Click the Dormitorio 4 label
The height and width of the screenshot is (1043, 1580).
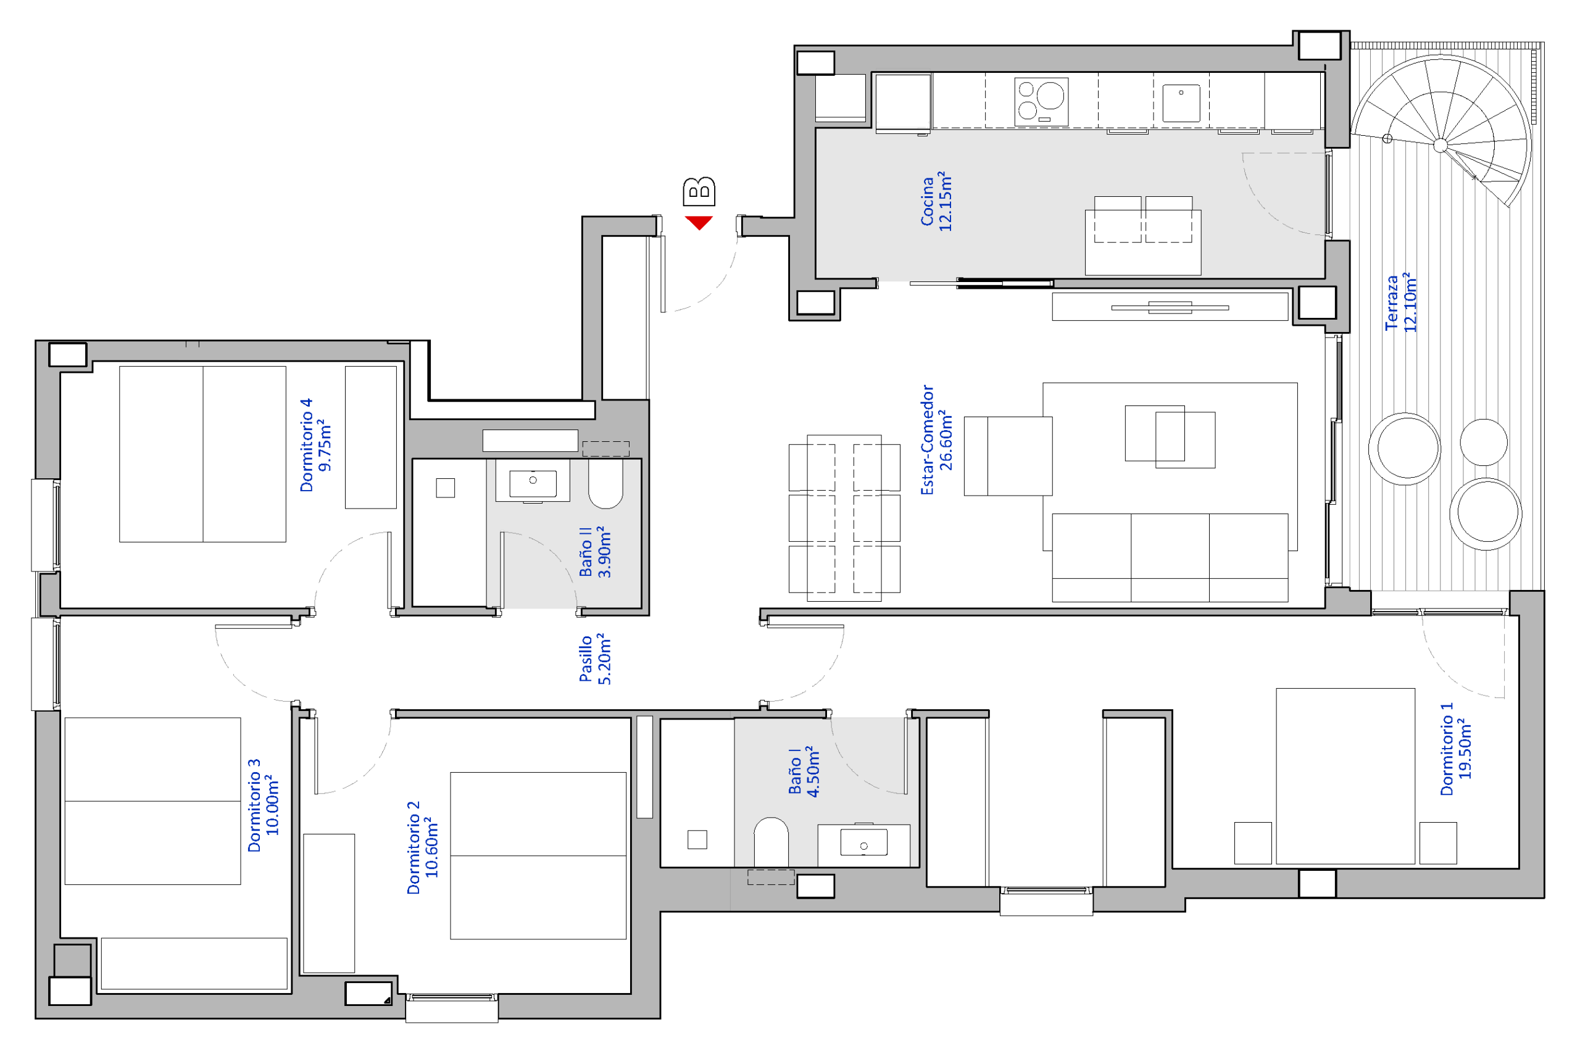(x=315, y=445)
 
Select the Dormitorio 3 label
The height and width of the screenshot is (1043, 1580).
(x=263, y=805)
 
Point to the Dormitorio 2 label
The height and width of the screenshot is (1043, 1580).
(x=422, y=847)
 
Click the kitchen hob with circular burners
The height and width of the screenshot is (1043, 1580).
(x=1041, y=101)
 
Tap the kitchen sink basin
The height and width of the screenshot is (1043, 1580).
(x=1181, y=103)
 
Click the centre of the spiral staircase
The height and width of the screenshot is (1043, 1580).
(x=1441, y=145)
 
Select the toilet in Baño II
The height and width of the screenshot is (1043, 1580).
(x=605, y=484)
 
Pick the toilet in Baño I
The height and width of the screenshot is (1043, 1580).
(x=770, y=841)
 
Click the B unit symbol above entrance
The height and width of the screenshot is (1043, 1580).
(x=699, y=191)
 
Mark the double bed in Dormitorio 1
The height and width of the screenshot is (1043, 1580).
(x=1345, y=776)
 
